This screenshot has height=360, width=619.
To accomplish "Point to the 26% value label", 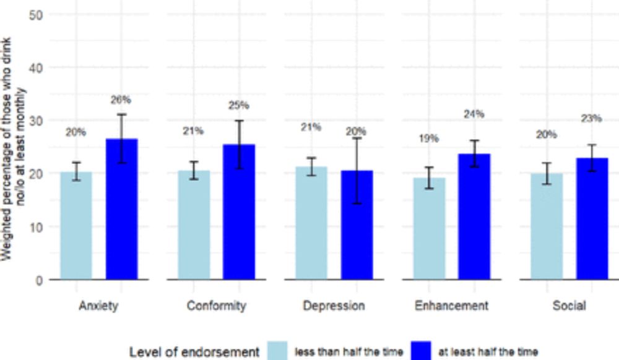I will [x=121, y=99].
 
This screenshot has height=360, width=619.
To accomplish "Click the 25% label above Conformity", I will [x=238, y=105].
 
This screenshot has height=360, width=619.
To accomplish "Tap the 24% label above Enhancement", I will [x=474, y=114].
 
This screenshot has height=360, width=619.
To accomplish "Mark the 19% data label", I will [x=428, y=139].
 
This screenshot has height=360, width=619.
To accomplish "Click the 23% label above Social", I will [x=592, y=118].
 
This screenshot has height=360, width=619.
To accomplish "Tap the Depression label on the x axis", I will [x=334, y=306].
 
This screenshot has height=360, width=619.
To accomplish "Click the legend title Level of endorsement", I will [x=194, y=352].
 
